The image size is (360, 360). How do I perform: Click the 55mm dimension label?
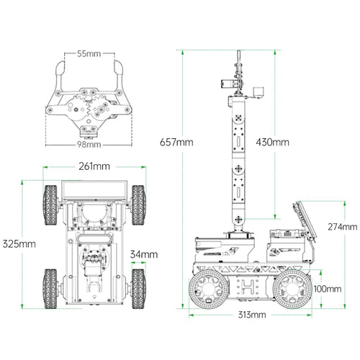point(89,53)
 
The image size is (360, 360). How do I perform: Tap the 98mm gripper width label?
point(89,145)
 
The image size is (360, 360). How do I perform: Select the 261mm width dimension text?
point(94,166)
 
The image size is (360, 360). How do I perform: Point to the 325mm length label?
point(19,244)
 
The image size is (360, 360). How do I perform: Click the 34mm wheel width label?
point(144,254)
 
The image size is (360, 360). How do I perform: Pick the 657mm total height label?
point(176,142)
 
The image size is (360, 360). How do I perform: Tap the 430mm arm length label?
point(272,143)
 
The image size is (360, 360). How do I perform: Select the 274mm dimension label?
point(343,227)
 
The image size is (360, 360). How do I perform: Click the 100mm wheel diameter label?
point(328,289)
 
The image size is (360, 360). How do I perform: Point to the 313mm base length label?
point(252,315)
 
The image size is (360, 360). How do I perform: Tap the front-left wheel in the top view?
point(50,205)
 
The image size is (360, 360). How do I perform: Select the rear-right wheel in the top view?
point(138,289)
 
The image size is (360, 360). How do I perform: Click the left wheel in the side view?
point(209,289)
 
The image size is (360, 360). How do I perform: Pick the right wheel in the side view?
point(292,289)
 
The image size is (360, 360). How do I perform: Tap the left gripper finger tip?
point(60,68)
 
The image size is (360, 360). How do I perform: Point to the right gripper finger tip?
point(119,68)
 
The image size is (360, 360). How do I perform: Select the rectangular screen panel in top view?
point(94,191)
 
